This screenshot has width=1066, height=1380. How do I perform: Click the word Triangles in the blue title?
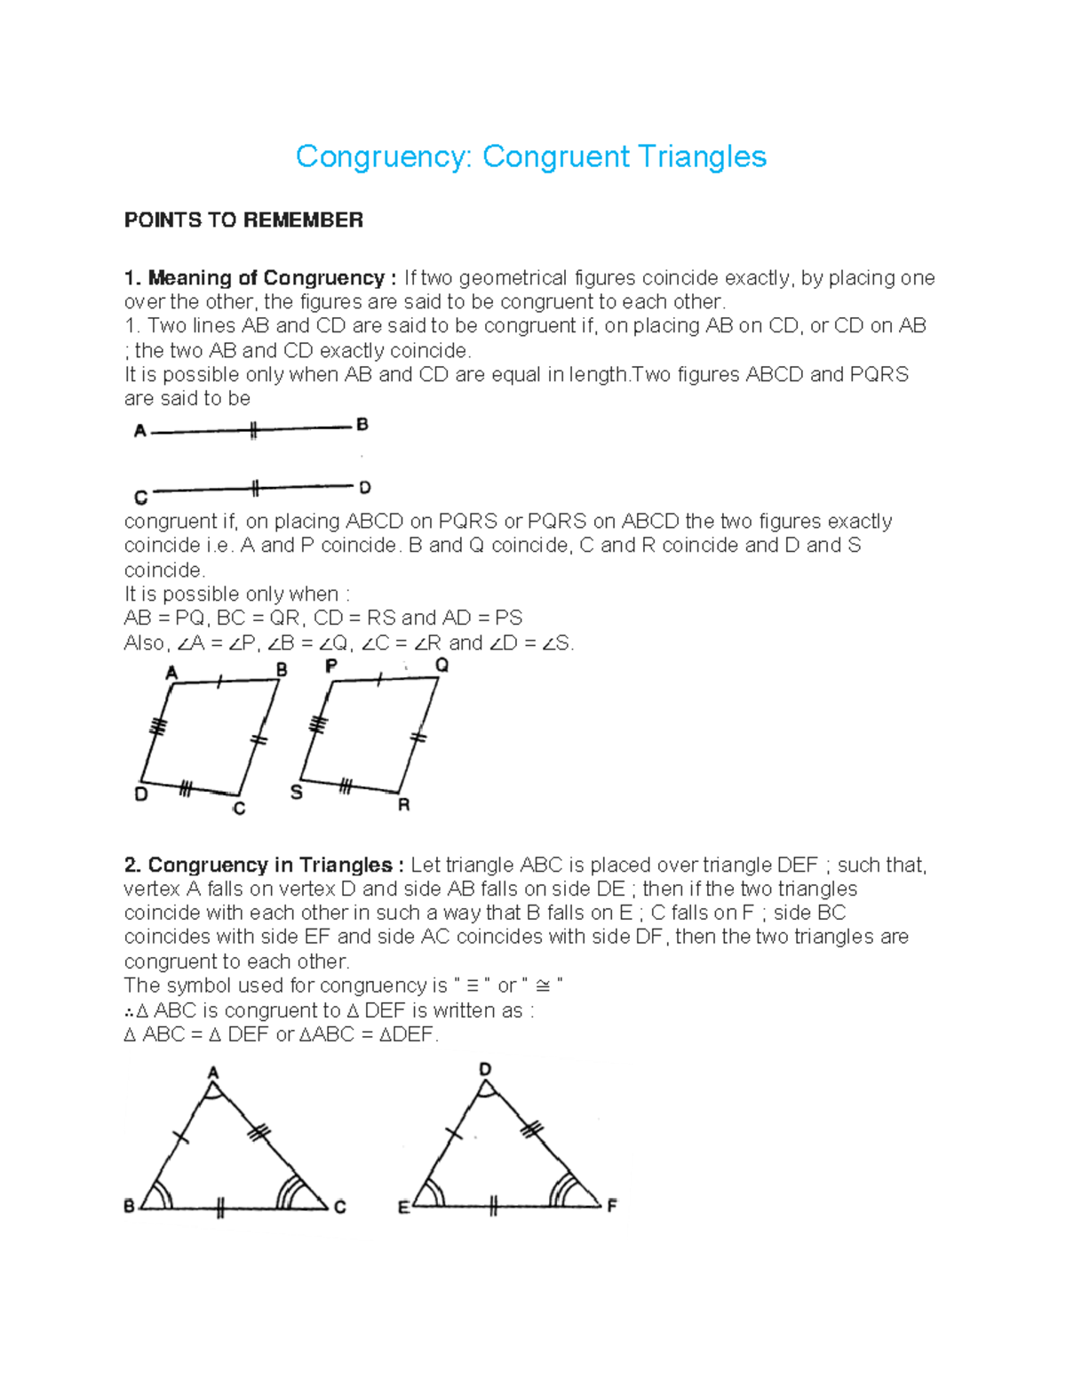click(x=702, y=157)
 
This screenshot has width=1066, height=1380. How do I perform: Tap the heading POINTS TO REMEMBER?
click(x=243, y=220)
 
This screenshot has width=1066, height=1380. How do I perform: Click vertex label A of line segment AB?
click(x=139, y=432)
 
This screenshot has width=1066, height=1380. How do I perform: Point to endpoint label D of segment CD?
click(x=364, y=488)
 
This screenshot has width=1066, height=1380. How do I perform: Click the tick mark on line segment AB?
click(x=253, y=431)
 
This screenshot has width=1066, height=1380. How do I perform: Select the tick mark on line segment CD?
click(x=255, y=488)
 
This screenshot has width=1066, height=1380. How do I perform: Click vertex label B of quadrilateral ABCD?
click(x=282, y=670)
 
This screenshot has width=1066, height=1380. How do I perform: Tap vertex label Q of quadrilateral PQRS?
click(x=442, y=666)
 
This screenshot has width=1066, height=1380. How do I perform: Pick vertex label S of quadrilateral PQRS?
click(x=297, y=793)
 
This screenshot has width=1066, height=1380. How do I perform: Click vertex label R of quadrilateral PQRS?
click(x=404, y=805)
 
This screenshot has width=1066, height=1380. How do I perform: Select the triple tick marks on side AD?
click(x=158, y=727)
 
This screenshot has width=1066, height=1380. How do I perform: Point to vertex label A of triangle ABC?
click(x=213, y=1073)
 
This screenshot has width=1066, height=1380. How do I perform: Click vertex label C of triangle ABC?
click(x=339, y=1207)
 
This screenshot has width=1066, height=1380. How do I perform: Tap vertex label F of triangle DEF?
click(x=611, y=1207)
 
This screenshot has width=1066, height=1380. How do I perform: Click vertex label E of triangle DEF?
click(x=402, y=1208)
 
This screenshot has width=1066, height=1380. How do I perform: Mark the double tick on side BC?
click(x=219, y=1208)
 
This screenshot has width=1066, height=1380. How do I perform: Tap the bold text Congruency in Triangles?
click(x=270, y=865)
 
